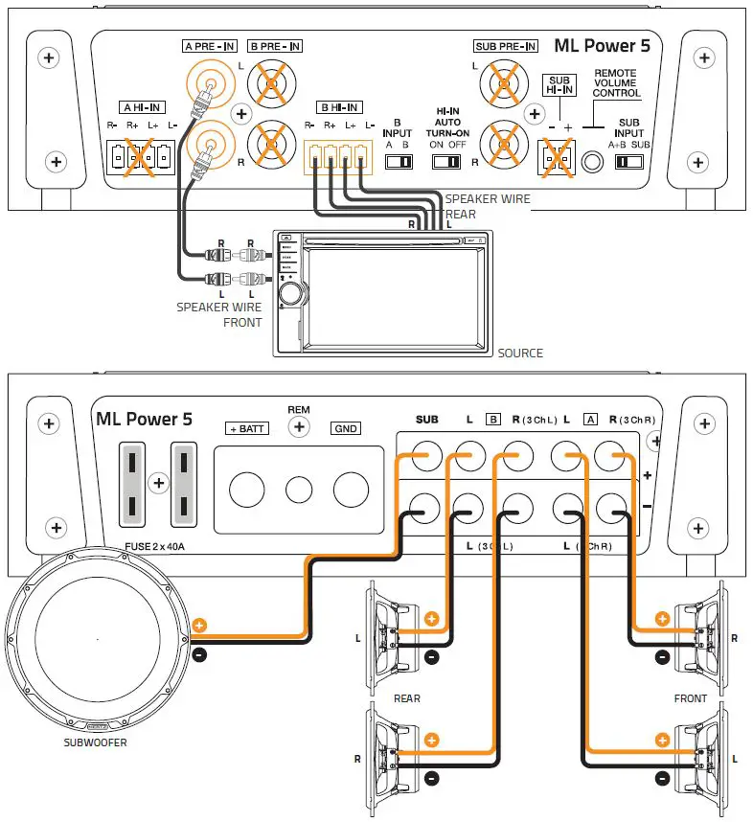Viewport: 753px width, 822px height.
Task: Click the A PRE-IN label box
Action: pos(208,45)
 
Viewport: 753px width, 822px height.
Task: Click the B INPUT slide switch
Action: pos(398,162)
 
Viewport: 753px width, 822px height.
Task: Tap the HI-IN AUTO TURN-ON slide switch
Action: pos(447,162)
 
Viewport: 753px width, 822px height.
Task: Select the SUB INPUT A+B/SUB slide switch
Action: pos(628,162)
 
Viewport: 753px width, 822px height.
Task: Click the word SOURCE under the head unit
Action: pos(520,354)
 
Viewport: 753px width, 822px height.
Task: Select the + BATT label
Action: pos(247,428)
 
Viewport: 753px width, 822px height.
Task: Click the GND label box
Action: pos(346,428)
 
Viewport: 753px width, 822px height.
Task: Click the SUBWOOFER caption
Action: pos(95,742)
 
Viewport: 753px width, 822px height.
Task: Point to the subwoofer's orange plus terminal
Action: pos(199,625)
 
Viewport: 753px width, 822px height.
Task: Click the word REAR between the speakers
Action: pos(407,698)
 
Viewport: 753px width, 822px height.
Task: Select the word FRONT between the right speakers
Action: pos(690,698)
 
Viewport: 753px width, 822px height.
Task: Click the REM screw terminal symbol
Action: pos(299,427)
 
